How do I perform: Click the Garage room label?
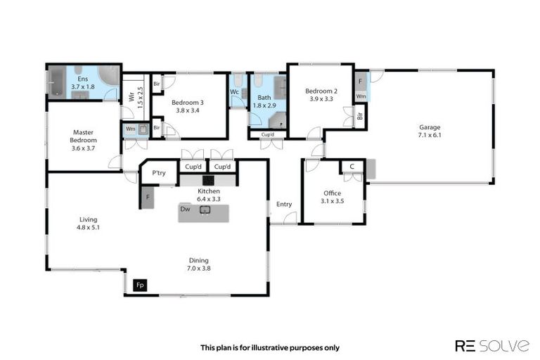pyautogui.click(x=429, y=127)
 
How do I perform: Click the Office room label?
pyautogui.click(x=332, y=193)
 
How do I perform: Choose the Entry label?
pyautogui.click(x=284, y=205)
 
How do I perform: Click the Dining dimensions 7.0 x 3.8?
pyautogui.click(x=199, y=269)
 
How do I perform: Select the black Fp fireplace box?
pyautogui.click(x=141, y=285)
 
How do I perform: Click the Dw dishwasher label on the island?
pyautogui.click(x=185, y=209)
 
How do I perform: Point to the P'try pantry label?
pyautogui.click(x=159, y=174)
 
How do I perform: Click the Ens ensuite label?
pyautogui.click(x=82, y=79)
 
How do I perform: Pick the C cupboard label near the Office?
pyautogui.click(x=351, y=167)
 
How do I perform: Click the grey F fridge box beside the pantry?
pyautogui.click(x=148, y=198)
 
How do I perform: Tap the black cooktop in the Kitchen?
pyautogui.click(x=209, y=180)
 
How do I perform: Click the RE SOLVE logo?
pyautogui.click(x=492, y=345)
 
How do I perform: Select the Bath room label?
pyautogui.click(x=264, y=98)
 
